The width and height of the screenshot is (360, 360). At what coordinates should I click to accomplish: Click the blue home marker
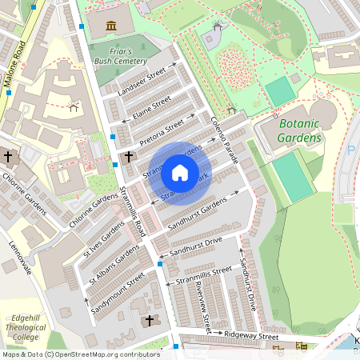tap(180, 172)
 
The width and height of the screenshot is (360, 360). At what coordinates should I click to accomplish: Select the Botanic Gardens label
tap(300, 131)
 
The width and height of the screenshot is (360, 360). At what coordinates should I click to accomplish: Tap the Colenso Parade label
tap(226, 139)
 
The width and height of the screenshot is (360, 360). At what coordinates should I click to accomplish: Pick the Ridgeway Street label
tap(251, 337)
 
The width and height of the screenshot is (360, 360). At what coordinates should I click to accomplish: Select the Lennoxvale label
tap(21, 258)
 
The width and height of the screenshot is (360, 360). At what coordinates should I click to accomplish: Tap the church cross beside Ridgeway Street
tap(149, 321)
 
